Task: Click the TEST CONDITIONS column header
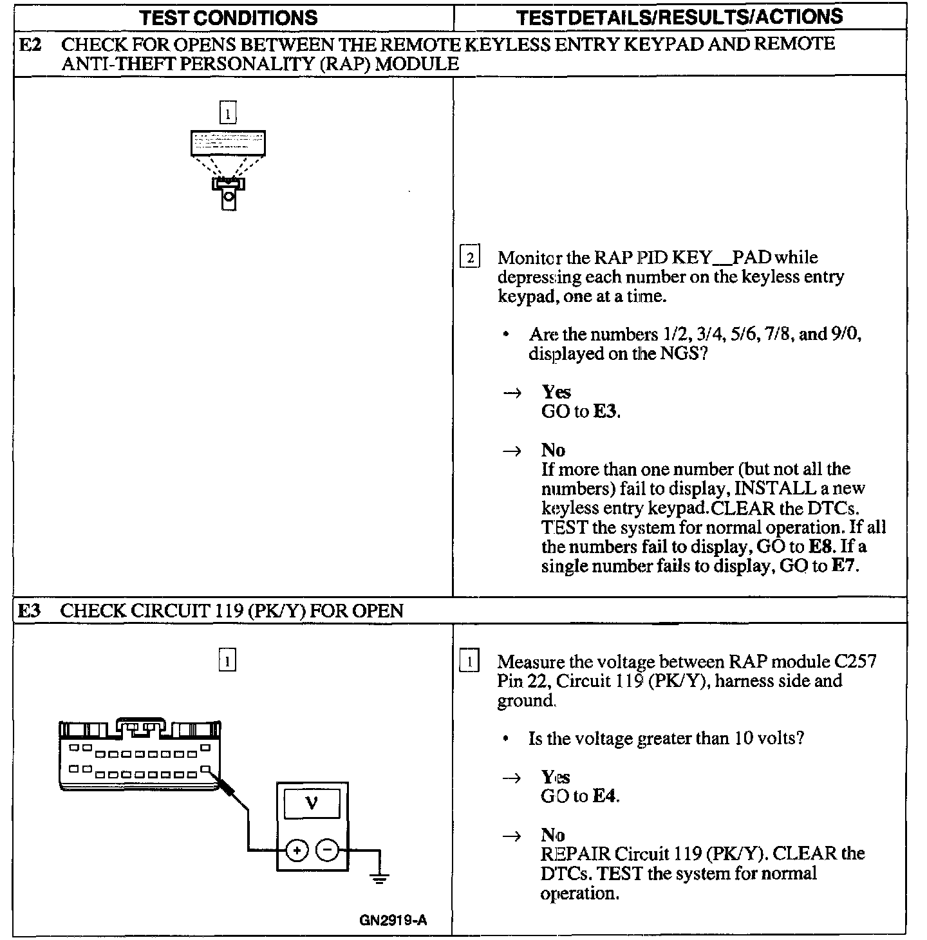(x=229, y=17)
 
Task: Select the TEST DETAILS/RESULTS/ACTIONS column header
(x=679, y=17)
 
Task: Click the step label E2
(x=31, y=44)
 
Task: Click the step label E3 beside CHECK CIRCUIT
(x=29, y=610)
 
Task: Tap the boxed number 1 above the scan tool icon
(x=228, y=114)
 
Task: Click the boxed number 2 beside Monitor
(x=470, y=258)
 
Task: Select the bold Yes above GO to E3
(x=556, y=392)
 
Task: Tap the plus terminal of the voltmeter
(x=297, y=851)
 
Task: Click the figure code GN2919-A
(x=393, y=919)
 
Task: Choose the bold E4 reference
(x=604, y=796)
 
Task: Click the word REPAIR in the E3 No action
(x=576, y=854)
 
